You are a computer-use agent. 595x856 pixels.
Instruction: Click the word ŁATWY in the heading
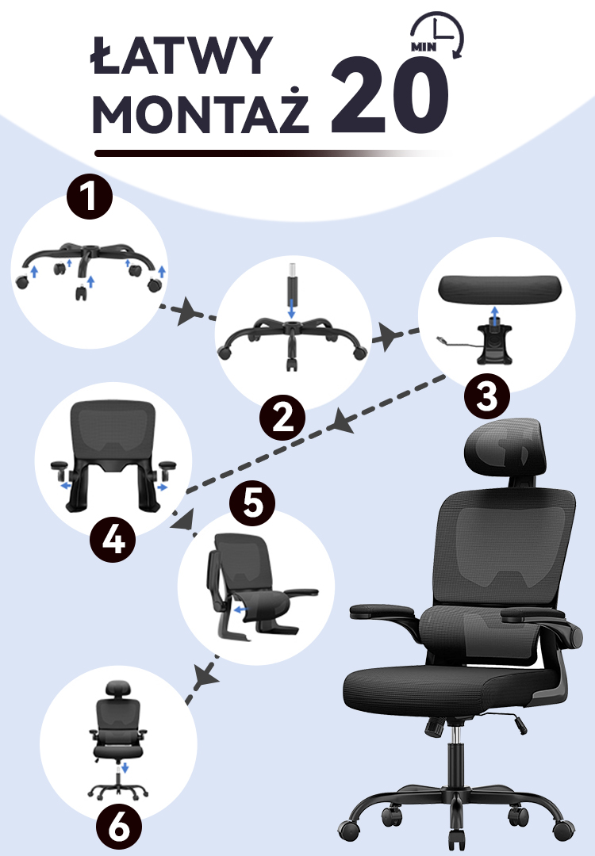pos(180,55)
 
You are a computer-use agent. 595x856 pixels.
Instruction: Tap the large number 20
pos(389,96)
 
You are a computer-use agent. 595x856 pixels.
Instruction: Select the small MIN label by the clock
pos(424,48)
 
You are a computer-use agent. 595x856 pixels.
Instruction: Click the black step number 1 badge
pos(90,197)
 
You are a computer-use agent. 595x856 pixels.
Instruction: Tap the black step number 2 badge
pos(282,418)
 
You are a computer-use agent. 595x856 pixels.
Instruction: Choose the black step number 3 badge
pos(487,396)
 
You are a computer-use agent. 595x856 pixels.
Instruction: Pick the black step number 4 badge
pos(113,540)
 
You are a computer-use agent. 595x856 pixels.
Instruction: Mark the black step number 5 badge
pos(252,503)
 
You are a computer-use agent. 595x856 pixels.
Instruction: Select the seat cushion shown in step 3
pos(500,289)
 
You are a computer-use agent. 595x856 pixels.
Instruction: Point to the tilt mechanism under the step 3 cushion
pos(494,344)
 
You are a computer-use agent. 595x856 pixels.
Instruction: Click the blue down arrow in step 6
pos(125,768)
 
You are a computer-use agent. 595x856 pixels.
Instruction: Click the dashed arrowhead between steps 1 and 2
pos(187,311)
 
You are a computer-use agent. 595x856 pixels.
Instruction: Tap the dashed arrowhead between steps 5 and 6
pos(207,676)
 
